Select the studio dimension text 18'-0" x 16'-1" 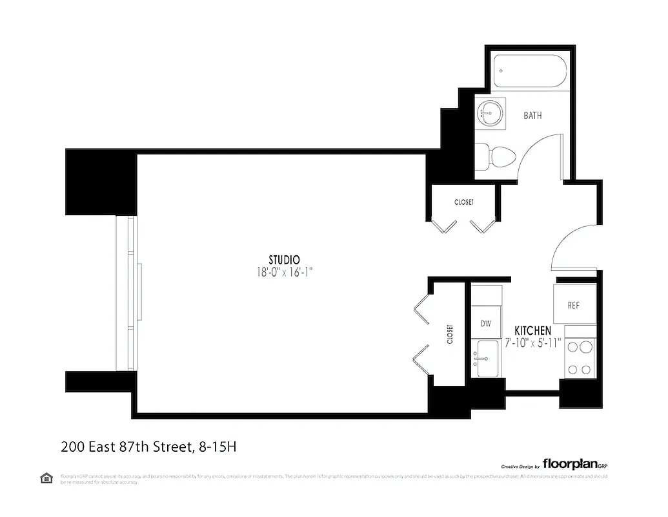[x=285, y=273]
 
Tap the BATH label [x=532, y=116]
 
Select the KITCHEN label [x=532, y=330]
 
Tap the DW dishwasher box [x=486, y=323]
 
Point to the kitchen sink [x=486, y=358]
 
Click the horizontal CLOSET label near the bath [x=463, y=202]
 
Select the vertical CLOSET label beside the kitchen [x=449, y=334]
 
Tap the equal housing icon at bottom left [x=46, y=478]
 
